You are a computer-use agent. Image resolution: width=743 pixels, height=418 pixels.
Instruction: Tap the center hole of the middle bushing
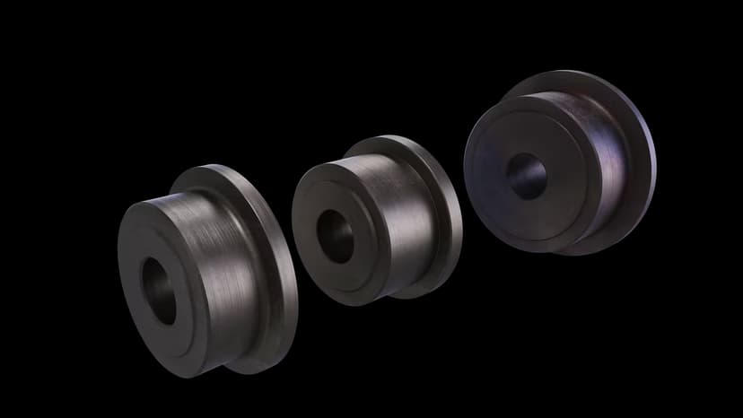point(335,236)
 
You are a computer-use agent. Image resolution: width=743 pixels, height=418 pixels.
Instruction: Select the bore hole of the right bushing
point(526,175)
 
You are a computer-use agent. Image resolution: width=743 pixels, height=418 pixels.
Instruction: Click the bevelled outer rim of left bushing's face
point(126,287)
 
